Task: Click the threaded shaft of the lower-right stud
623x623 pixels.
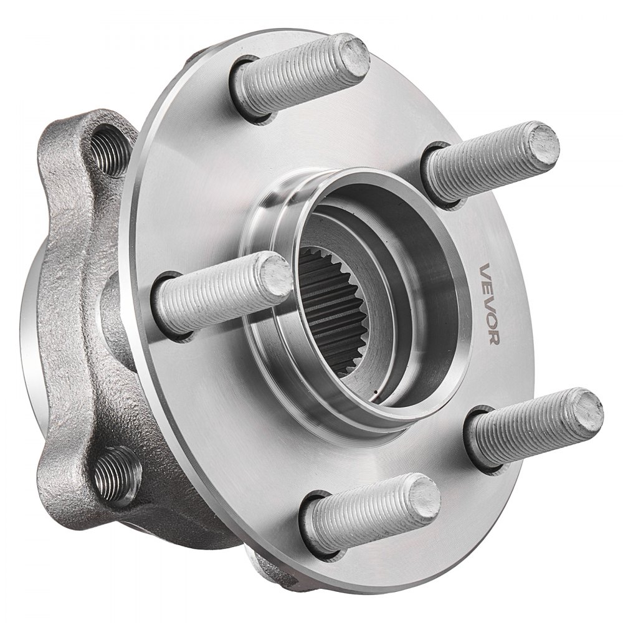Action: click(523, 430)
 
